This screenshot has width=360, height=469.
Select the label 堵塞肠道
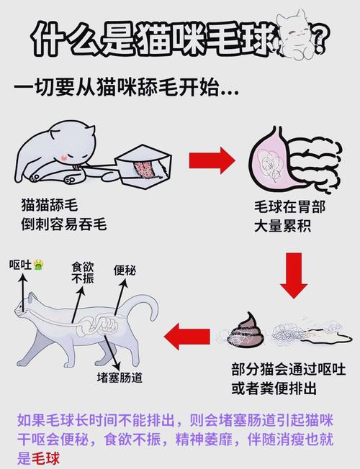tap(120, 376)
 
